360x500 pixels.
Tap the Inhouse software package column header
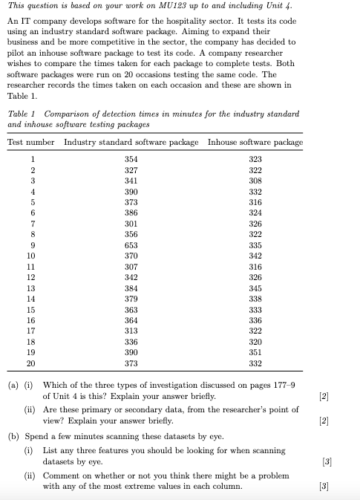255,142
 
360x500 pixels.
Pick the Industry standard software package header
131,142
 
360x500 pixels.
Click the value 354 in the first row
131,159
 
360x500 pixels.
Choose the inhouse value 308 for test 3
255,180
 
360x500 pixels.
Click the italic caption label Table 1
22,114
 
